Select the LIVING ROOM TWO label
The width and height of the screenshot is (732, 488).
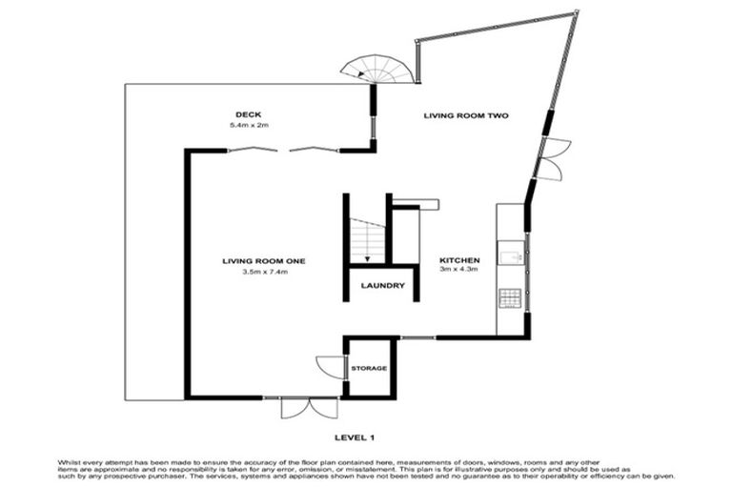click(x=466, y=115)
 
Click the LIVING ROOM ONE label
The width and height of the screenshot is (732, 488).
click(x=263, y=260)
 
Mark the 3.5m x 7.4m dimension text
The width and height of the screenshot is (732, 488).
click(x=264, y=273)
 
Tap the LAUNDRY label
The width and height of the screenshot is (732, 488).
click(x=383, y=286)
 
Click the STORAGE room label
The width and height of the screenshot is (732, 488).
click(x=369, y=368)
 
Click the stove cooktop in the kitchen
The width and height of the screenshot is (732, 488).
click(x=510, y=297)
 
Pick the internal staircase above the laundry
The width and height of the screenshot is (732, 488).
click(x=367, y=241)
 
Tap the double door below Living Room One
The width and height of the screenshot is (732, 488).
click(x=309, y=409)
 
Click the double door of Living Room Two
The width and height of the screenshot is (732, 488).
click(x=553, y=158)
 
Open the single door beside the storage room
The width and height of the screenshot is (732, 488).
click(x=329, y=367)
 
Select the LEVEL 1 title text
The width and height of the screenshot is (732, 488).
click(x=355, y=437)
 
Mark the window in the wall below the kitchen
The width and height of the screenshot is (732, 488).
click(x=417, y=337)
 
